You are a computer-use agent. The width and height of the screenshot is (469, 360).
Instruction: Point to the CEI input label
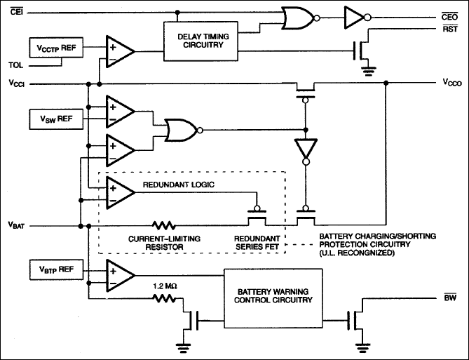click(x=16, y=9)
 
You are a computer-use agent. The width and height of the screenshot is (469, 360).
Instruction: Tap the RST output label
click(x=450, y=29)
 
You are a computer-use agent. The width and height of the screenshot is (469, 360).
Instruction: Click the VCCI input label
click(x=18, y=84)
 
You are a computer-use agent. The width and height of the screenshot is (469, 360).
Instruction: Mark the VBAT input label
click(x=18, y=226)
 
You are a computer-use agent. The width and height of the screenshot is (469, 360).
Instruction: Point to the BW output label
click(x=451, y=298)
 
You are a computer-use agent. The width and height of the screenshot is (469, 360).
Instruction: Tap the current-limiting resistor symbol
click(x=165, y=226)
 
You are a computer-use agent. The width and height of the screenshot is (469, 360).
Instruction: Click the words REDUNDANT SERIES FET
click(x=259, y=243)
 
